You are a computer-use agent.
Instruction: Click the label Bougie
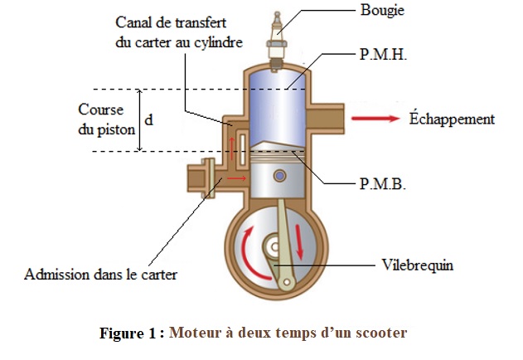pos(383,11)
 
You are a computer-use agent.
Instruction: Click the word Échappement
pos(452,119)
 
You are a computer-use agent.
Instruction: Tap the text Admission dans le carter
pos(101,274)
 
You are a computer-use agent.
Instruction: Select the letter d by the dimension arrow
pos(148,119)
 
